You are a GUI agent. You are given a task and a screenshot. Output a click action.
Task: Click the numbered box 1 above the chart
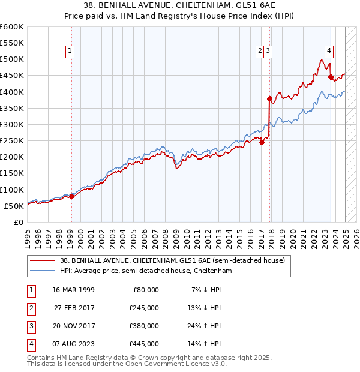tap(71, 52)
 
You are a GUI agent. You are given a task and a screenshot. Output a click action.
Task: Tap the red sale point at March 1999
tap(71, 196)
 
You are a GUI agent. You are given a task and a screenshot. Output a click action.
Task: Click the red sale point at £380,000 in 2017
tap(269, 98)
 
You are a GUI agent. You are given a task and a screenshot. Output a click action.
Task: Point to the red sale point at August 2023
tap(331, 77)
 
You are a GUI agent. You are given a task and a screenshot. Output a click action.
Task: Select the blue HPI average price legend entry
tap(146, 271)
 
